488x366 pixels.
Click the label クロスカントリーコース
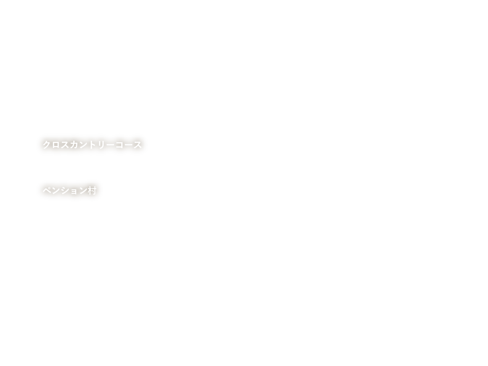(x=92, y=144)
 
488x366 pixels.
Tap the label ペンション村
(x=70, y=191)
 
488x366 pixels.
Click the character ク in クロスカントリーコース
(x=47, y=144)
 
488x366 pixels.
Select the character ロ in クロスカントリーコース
(x=56, y=145)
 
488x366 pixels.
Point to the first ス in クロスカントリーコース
(x=65, y=144)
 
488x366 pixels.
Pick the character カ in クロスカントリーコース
(x=74, y=144)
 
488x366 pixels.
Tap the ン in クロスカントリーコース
(x=83, y=144)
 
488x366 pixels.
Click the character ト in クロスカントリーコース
(x=92, y=144)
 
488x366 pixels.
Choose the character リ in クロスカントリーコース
(x=101, y=144)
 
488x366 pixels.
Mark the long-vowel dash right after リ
(x=110, y=145)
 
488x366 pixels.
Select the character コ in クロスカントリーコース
(x=119, y=145)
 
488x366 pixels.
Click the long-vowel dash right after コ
(x=128, y=145)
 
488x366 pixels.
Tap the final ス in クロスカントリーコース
(x=138, y=144)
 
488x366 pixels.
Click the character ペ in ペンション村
(x=47, y=191)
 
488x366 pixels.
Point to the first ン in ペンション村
(x=56, y=191)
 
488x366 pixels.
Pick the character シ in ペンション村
(x=65, y=191)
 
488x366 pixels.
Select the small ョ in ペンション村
(x=74, y=191)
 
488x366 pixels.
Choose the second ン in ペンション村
(x=83, y=191)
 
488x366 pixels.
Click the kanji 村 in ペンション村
(x=92, y=191)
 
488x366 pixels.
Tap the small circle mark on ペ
(x=50, y=188)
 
